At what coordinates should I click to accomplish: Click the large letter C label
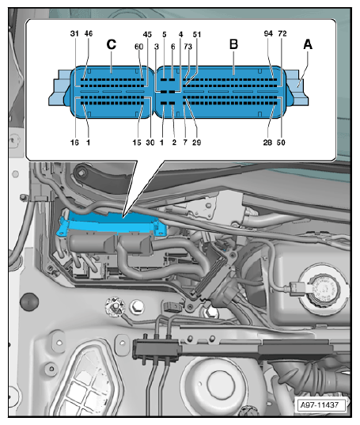pos(112,44)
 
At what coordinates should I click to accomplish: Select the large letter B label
pos(233,44)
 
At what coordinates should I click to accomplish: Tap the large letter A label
pos(308,44)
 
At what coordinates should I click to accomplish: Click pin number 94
pos(268,33)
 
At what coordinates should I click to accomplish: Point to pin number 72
pos(282,33)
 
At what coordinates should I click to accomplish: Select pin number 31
pos(74,33)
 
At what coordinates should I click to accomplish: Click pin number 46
pos(89,33)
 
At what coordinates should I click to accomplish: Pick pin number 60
pos(138,47)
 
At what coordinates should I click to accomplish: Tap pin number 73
pos(188,47)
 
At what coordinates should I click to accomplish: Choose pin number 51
pos(197,34)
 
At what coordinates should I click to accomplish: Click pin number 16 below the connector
pos(74,142)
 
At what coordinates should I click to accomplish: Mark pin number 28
pos(267,142)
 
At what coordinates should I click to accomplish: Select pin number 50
pos(281,142)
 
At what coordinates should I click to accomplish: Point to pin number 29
pos(197,142)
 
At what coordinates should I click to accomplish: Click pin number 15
pos(137,142)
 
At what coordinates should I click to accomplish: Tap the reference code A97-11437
pos(320,405)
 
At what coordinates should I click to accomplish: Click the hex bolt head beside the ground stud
pos(137,307)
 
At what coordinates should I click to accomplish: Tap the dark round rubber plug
pos(29,302)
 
